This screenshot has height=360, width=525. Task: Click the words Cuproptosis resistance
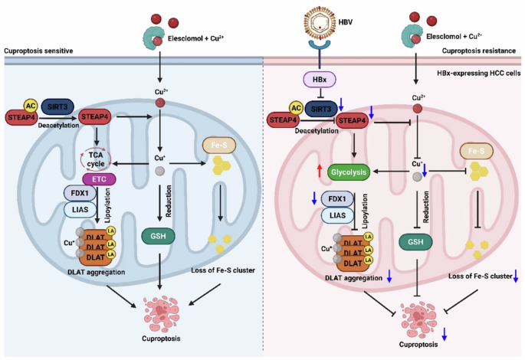481,51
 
